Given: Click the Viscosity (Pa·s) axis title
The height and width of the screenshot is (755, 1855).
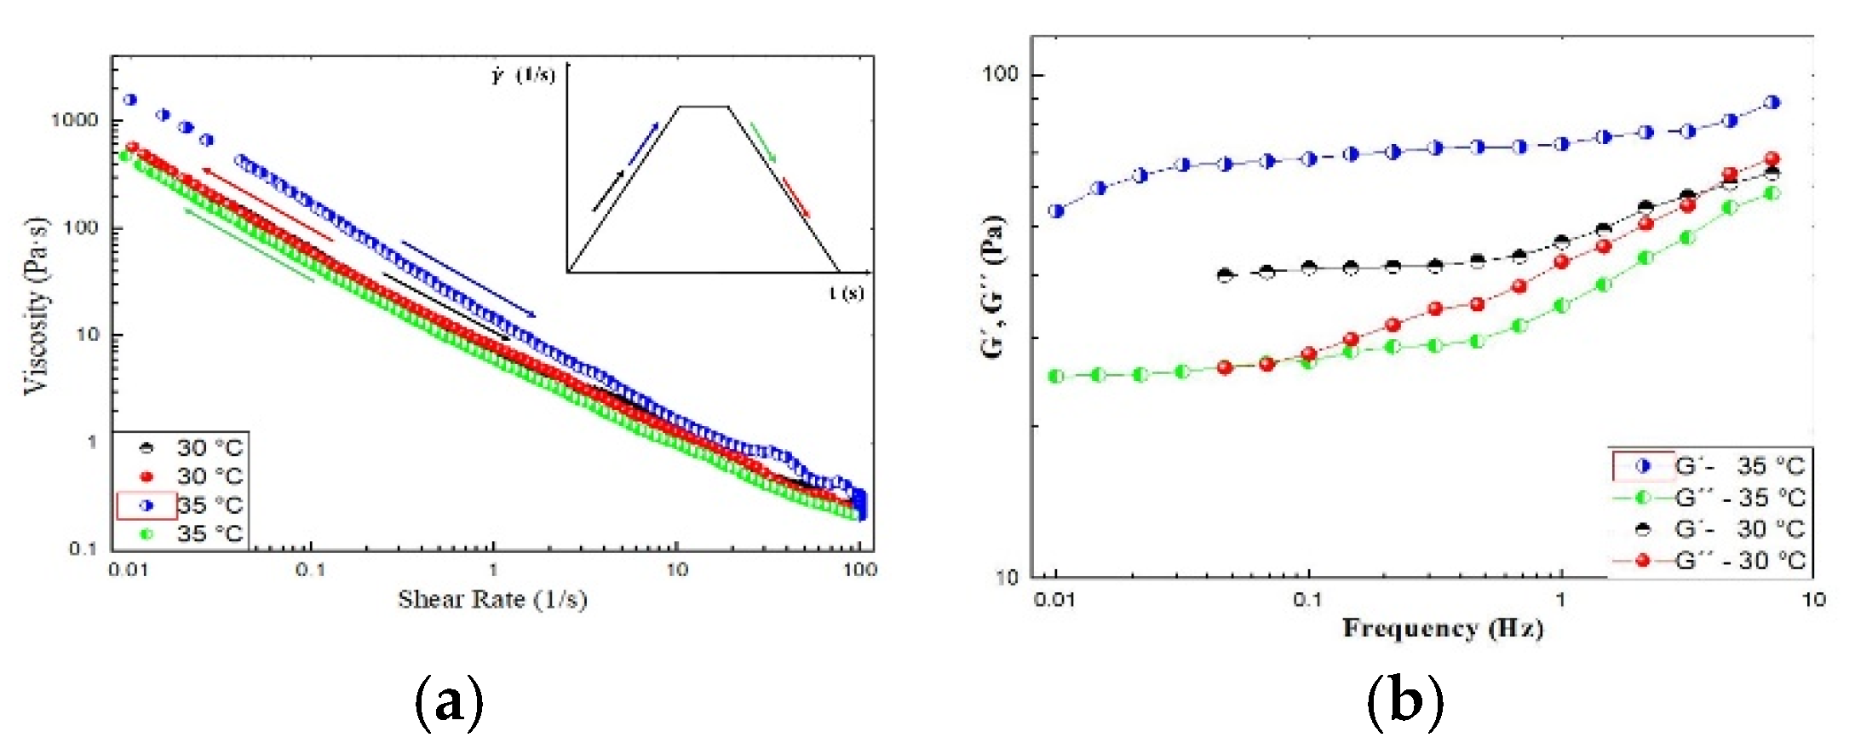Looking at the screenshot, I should (36, 306).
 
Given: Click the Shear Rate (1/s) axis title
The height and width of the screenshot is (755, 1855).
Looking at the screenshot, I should (492, 600).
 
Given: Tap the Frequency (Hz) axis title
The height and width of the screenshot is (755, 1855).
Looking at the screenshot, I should (1443, 629).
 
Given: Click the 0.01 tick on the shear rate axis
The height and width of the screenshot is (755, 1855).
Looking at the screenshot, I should (128, 569).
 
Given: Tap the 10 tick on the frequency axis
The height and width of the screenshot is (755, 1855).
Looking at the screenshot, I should (1812, 600).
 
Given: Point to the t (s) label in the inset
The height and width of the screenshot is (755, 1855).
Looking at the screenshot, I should (846, 293).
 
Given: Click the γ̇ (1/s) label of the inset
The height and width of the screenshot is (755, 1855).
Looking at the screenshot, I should (522, 75).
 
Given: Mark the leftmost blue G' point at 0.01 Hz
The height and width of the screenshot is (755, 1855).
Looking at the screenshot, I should (1057, 210).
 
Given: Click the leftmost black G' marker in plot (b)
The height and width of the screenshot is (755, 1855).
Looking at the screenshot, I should (1225, 274).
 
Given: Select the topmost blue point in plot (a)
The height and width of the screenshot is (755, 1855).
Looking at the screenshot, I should (130, 100).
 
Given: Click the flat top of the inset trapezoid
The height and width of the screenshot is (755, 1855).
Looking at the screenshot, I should (704, 107).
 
